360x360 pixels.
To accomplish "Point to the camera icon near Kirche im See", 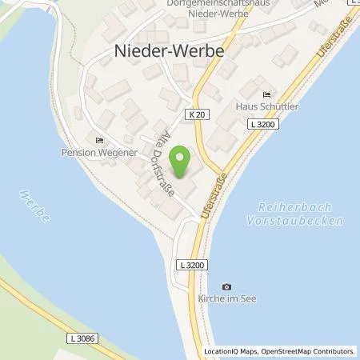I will point(226,287).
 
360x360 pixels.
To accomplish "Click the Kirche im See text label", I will point(226,300).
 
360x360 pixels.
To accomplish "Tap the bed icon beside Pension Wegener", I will point(99,140).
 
